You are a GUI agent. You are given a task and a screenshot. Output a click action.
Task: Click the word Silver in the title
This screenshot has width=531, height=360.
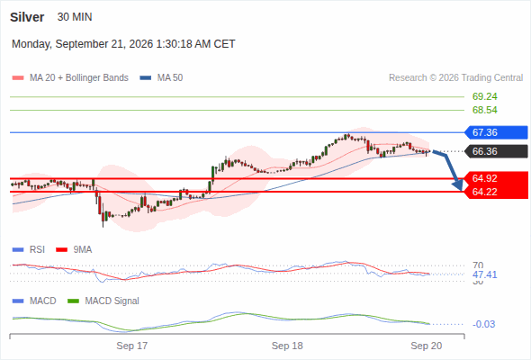(27, 17)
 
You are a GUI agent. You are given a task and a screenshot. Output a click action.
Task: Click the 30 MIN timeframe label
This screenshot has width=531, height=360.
(75, 17)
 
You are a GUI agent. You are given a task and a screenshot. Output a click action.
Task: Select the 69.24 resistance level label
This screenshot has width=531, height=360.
(484, 96)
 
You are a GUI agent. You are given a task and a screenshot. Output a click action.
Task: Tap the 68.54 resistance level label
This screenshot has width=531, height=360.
(484, 110)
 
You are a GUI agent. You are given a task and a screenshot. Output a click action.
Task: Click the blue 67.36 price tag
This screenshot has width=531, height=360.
(495, 132)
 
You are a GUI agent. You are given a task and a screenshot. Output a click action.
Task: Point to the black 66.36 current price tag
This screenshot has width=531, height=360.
(495, 151)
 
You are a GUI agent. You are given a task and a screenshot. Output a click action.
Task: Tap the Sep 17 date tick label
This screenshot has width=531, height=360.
(132, 346)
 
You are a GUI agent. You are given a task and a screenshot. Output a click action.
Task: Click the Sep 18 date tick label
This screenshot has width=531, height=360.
(287, 346)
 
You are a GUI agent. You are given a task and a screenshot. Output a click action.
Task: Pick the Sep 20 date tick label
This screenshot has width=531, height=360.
(427, 346)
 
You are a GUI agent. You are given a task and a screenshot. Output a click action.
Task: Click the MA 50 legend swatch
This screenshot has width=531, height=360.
(146, 78)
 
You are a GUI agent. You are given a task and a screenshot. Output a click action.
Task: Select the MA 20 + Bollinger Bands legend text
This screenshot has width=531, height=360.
(79, 78)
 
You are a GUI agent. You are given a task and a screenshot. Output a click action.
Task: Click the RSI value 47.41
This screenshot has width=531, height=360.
(484, 274)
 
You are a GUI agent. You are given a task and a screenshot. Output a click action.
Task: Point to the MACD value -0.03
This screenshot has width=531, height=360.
(483, 324)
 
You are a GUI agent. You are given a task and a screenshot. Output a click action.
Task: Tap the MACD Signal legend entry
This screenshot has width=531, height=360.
(103, 301)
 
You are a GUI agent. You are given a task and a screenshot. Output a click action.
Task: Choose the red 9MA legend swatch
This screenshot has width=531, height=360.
(61, 250)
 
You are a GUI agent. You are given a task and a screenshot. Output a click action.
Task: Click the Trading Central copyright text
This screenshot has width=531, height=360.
(455, 78)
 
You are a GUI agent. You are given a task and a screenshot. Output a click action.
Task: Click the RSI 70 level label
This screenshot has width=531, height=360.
(478, 265)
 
